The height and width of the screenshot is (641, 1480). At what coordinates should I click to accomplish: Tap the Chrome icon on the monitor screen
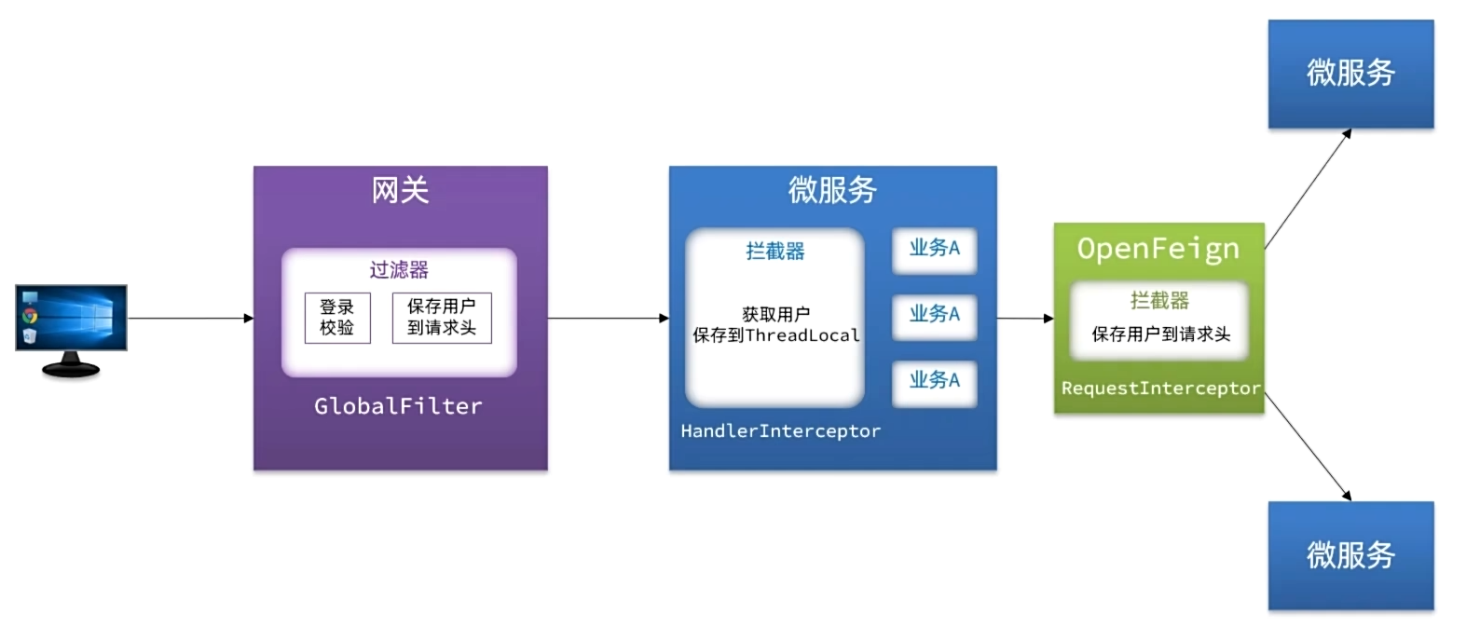[30, 315]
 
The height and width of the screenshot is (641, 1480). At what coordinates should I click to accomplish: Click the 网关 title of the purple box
[400, 190]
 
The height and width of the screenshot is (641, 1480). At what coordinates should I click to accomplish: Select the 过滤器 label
[399, 270]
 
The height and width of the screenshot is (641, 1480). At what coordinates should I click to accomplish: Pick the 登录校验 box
[337, 318]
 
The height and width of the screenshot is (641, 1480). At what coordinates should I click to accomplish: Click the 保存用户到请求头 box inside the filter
[442, 318]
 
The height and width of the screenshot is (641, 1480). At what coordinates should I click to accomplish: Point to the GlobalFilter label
[398, 406]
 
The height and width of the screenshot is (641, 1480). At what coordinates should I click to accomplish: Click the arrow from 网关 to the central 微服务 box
[608, 319]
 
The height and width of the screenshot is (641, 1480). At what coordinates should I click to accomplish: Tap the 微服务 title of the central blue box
[832, 190]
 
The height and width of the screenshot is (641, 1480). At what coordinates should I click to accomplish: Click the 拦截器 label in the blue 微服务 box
[774, 252]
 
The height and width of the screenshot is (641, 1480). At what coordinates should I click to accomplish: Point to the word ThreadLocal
[802, 335]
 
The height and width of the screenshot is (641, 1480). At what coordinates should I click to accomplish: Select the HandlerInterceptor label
[780, 430]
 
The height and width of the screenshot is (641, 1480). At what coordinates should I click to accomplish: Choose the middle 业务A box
[934, 314]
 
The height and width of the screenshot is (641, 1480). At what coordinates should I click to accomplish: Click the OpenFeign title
[1158, 249]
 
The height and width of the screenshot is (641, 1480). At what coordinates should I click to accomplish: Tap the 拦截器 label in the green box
[1159, 301]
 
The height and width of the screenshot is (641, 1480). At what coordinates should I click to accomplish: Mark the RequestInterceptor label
[1160, 389]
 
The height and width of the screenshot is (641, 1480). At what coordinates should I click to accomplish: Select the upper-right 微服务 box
[1350, 74]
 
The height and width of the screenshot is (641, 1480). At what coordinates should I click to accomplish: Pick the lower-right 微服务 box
[1350, 556]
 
